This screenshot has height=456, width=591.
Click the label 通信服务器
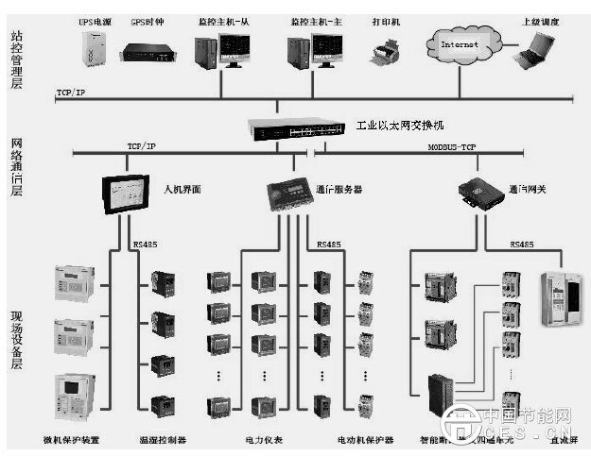pos(339,190)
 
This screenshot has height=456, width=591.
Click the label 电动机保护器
pos(359,440)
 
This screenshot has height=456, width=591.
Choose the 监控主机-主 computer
pos(316,49)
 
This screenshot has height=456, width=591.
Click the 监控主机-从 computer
pos(221,49)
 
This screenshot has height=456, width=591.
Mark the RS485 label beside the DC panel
pos(522,245)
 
